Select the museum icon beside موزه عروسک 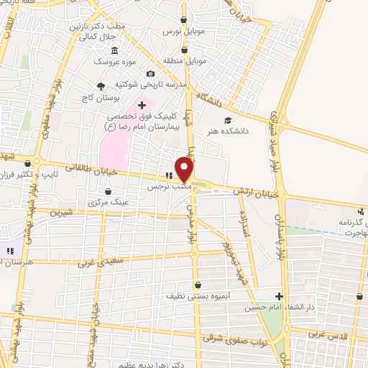(x=116, y=50)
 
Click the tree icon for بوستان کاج (x=101, y=86)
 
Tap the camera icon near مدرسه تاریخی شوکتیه (x=150, y=73)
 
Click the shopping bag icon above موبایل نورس (x=185, y=20)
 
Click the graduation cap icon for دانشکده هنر (x=228, y=120)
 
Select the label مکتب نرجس (x=168, y=186)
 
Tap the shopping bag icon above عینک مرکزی (x=107, y=191)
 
